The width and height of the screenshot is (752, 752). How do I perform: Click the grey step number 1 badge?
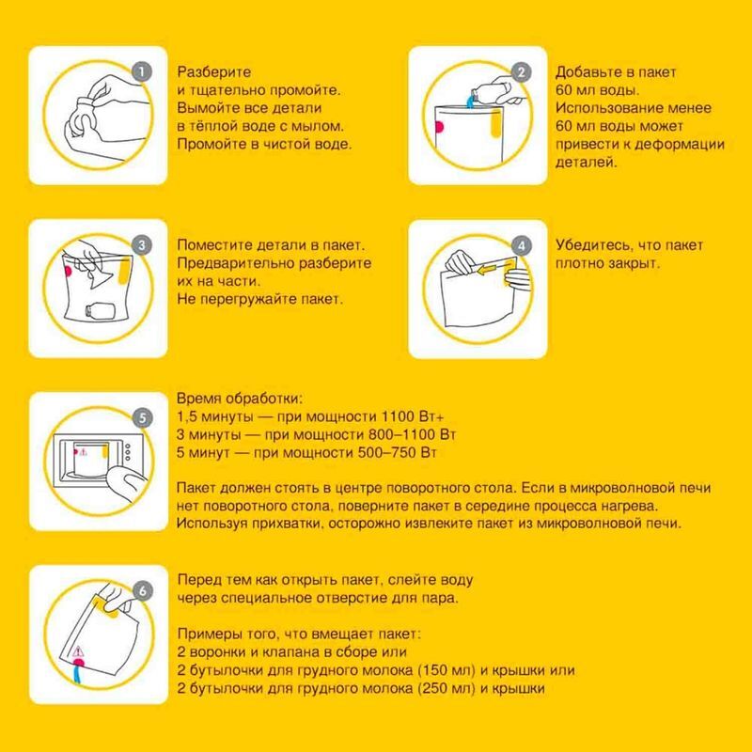(x=142, y=72)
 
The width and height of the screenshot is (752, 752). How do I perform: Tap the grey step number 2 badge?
(x=522, y=72)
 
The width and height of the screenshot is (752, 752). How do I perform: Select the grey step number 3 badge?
(x=142, y=245)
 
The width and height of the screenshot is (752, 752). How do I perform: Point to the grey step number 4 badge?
(x=522, y=245)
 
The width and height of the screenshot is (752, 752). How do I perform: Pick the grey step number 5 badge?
(x=143, y=418)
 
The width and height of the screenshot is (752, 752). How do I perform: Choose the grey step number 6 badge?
(x=143, y=591)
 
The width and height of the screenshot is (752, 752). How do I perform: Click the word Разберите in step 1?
(x=214, y=72)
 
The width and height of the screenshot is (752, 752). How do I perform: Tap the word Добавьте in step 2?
(x=585, y=72)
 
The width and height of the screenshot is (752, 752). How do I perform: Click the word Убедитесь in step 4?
(x=592, y=245)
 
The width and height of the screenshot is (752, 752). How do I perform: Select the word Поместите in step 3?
(x=214, y=245)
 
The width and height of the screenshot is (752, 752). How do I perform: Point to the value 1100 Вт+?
(x=413, y=416)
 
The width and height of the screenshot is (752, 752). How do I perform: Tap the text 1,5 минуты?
(x=215, y=417)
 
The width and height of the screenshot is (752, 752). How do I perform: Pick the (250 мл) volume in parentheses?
(x=446, y=688)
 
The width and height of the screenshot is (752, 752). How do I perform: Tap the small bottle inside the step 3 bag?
(x=100, y=312)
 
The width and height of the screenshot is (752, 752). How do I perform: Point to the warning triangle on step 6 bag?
(x=78, y=651)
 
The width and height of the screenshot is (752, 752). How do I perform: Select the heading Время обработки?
(x=240, y=399)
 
